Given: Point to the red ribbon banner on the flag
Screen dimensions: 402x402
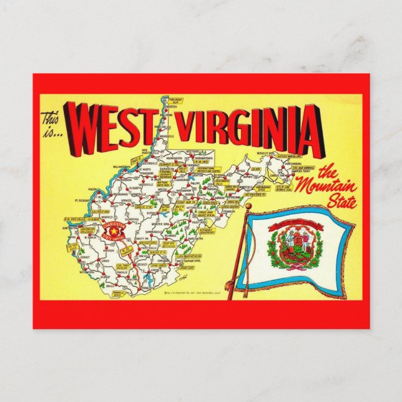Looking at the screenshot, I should click(289, 223).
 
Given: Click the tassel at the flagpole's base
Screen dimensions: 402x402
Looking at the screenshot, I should click(230, 287).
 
